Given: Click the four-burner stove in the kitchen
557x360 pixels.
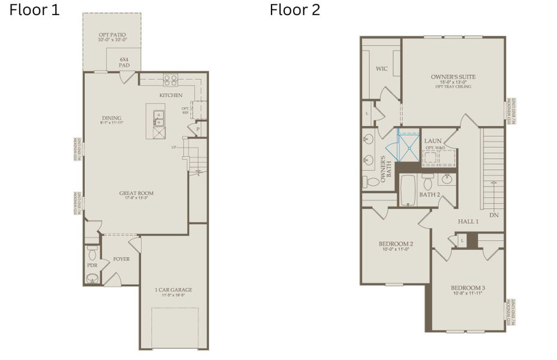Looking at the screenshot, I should tap(170, 79).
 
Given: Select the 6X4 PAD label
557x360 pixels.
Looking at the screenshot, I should tap(124, 62).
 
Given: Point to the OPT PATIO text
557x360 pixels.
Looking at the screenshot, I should tap(112, 35).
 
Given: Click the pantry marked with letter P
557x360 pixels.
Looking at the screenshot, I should tap(197, 128).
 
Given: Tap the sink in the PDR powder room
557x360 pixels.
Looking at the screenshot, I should tap(92, 278).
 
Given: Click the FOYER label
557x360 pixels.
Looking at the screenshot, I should tap(121, 259).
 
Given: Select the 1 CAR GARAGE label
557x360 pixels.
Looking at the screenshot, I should tap(173, 290).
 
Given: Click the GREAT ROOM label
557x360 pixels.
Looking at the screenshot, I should tap(136, 193).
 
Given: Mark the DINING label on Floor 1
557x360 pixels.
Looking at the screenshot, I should tap(112, 118).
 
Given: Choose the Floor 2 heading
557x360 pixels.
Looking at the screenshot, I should tap(294, 10).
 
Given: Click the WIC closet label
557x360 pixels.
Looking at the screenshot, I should tap(382, 69).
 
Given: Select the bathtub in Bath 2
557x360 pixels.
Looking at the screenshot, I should tap(409, 190).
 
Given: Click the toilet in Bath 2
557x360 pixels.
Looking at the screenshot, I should tap(427, 181).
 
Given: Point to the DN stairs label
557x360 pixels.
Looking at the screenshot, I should tap(493, 215).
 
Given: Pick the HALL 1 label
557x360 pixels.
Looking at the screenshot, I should tap(468, 221).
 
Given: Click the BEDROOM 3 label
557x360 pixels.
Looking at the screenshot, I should tap(468, 288).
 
